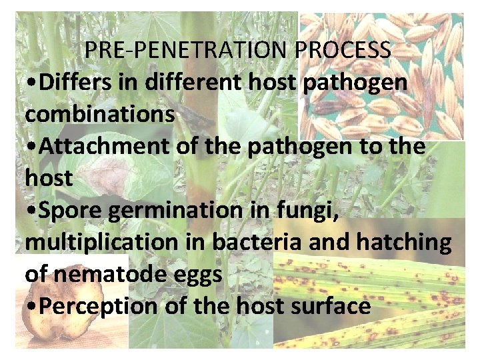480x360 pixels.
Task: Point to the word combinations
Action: click(x=100, y=114)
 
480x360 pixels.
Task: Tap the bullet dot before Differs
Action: click(x=31, y=83)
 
